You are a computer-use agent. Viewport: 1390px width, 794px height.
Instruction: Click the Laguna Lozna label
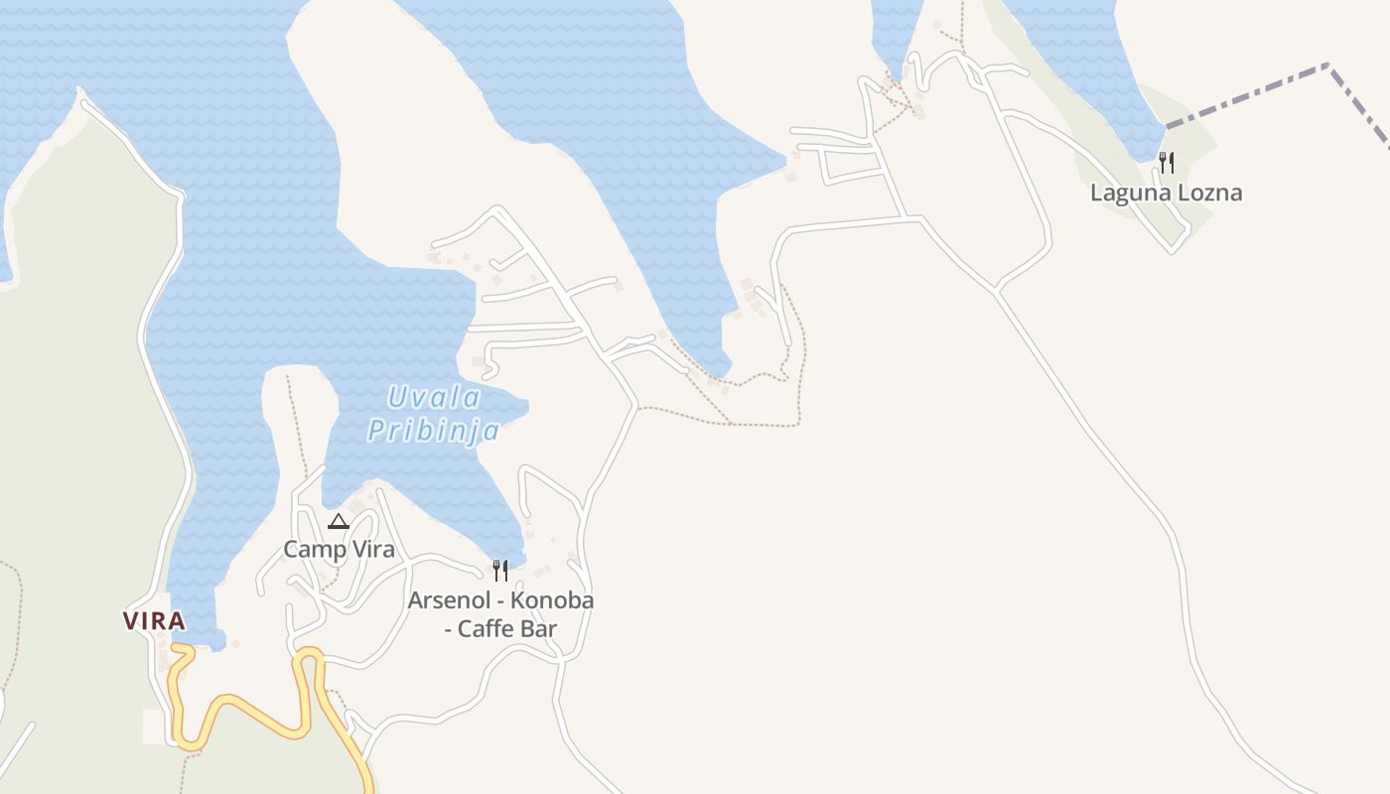(x=1166, y=193)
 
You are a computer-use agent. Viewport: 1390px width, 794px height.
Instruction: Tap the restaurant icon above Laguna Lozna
(x=1167, y=162)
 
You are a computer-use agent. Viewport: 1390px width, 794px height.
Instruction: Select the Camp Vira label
(x=339, y=549)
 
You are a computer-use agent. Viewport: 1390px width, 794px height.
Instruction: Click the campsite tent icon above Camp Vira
(x=339, y=521)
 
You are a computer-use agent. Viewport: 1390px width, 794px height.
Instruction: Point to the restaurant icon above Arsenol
(x=500, y=570)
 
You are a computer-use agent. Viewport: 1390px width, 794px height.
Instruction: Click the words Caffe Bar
(x=506, y=628)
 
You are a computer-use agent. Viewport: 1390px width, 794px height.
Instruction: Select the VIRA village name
(x=154, y=621)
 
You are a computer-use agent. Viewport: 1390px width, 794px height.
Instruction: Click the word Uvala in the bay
(x=434, y=399)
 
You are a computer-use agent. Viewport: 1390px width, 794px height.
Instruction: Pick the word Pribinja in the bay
(x=433, y=431)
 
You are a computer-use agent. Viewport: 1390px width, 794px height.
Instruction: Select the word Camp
(x=312, y=549)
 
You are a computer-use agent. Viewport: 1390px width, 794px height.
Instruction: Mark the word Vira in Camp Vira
(x=369, y=549)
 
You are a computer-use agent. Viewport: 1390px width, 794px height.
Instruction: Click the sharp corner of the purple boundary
(x=1328, y=66)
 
